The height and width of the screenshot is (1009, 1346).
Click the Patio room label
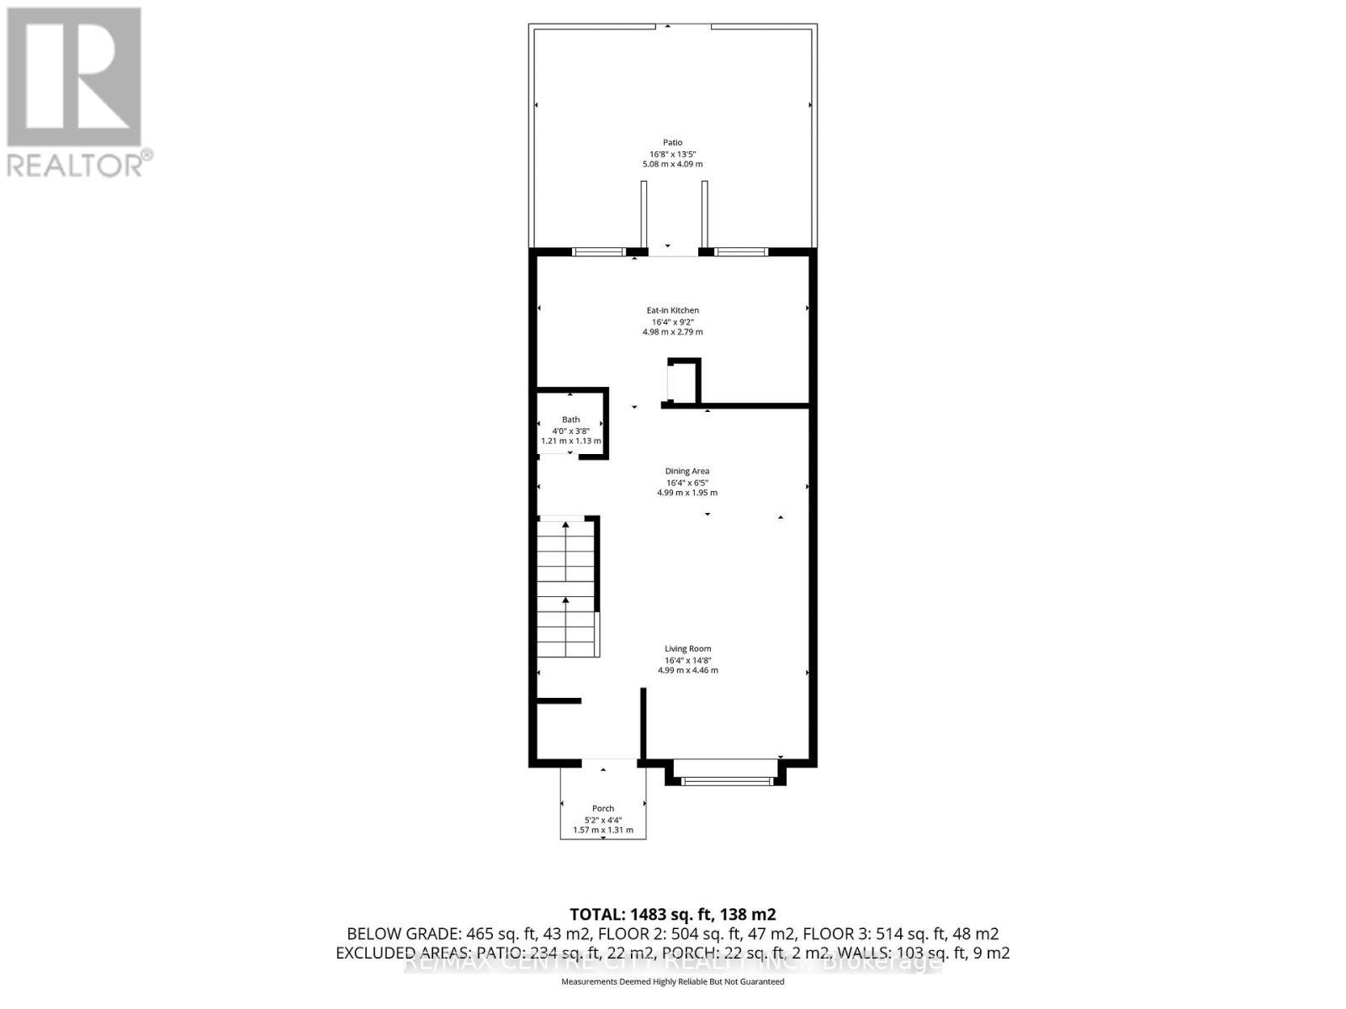click(671, 142)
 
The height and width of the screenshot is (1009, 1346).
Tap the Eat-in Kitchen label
click(672, 310)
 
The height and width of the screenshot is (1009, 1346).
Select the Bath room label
click(570, 420)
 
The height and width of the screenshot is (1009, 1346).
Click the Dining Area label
click(686, 471)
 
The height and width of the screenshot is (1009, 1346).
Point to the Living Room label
click(687, 648)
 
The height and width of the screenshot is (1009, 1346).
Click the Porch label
click(602, 808)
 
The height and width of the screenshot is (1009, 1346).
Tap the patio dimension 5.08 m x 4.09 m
click(671, 164)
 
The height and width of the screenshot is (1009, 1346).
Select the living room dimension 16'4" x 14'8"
click(687, 660)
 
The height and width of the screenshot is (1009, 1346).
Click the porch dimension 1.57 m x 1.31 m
click(602, 830)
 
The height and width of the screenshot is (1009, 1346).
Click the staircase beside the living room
click(567, 589)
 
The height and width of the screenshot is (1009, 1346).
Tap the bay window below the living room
click(725, 780)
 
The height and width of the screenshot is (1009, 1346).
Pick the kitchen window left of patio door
click(598, 251)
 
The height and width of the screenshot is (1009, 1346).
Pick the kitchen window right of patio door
click(740, 251)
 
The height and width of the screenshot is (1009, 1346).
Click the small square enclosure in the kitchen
click(683, 383)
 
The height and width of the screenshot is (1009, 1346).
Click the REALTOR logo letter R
click(74, 77)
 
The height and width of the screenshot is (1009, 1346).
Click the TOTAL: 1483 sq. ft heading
click(672, 914)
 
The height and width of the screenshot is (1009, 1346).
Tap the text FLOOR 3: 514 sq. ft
click(900, 933)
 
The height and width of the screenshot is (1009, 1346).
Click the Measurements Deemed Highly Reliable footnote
click(672, 982)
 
